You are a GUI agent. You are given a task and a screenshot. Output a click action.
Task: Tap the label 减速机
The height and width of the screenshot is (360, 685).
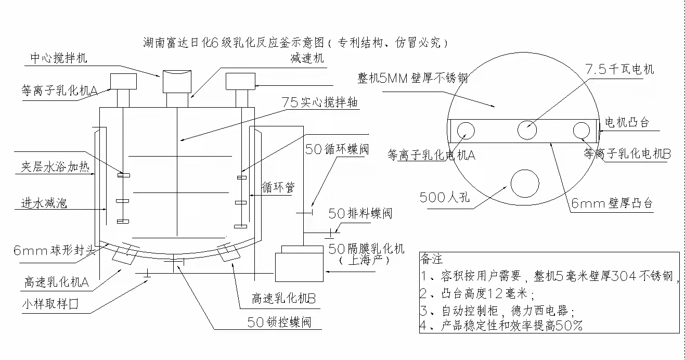point(307,58)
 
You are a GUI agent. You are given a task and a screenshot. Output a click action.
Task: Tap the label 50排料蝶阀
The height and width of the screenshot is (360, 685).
point(360,213)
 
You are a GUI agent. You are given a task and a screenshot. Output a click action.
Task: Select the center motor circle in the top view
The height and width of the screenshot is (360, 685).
point(527,130)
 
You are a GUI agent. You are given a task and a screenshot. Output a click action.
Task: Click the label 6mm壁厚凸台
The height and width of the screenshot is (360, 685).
point(612,203)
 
